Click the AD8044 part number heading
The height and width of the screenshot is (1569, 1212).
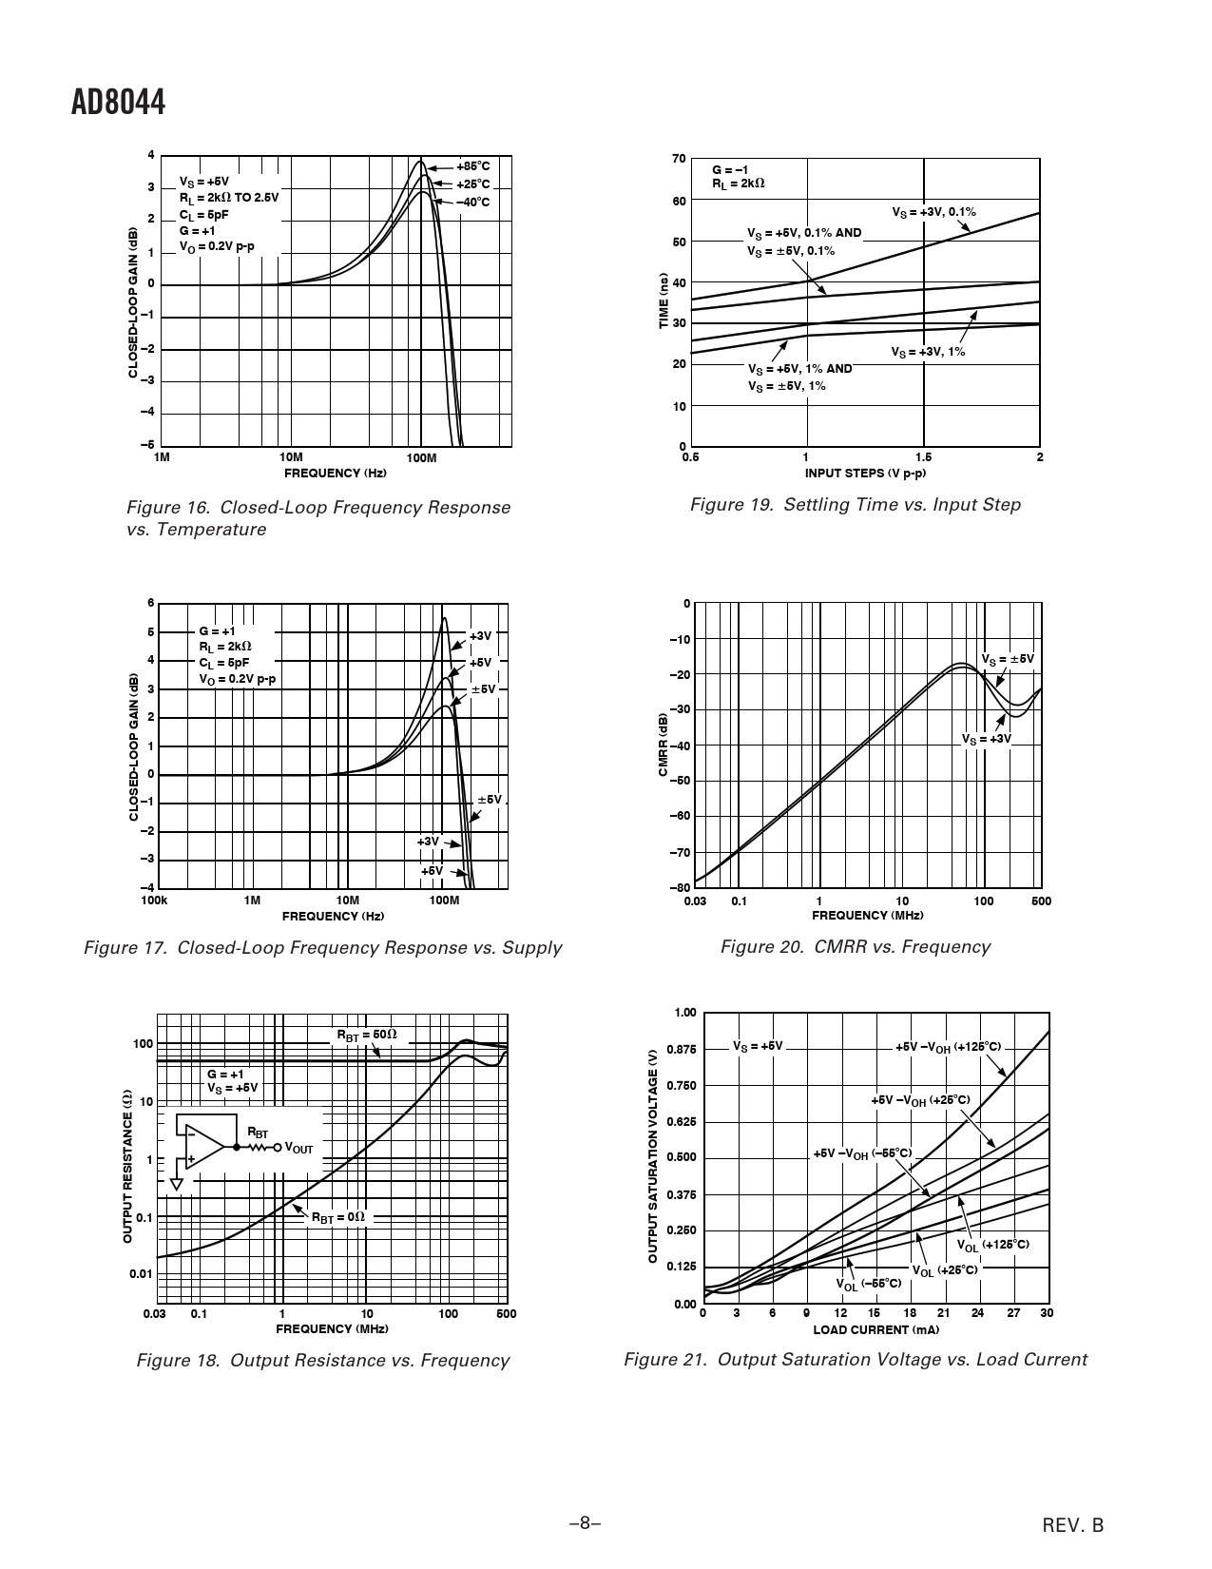(x=119, y=103)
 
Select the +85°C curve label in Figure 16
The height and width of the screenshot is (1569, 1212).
(x=472, y=165)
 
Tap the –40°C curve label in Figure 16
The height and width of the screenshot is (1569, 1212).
(x=472, y=202)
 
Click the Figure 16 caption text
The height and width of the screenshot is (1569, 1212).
(x=318, y=518)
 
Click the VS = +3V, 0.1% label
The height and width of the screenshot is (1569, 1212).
(x=933, y=212)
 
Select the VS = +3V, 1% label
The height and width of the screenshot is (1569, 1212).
(x=928, y=352)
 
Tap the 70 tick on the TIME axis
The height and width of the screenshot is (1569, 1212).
(x=679, y=158)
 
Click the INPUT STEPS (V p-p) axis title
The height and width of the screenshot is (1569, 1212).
(x=865, y=473)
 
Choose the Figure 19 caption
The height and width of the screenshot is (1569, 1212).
(x=855, y=505)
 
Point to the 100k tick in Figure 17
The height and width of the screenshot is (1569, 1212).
(x=154, y=901)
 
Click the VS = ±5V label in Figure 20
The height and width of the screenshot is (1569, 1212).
(x=1008, y=659)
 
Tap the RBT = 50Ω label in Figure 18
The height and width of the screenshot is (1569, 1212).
(x=367, y=1035)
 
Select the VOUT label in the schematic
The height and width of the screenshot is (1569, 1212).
(x=298, y=1149)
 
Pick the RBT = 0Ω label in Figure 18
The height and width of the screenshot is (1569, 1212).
(x=338, y=1216)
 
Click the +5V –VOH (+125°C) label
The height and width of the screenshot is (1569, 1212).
(x=948, y=1047)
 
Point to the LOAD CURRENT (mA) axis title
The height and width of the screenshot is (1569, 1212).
(x=875, y=1329)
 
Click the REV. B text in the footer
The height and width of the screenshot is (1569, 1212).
(x=1073, y=1526)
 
